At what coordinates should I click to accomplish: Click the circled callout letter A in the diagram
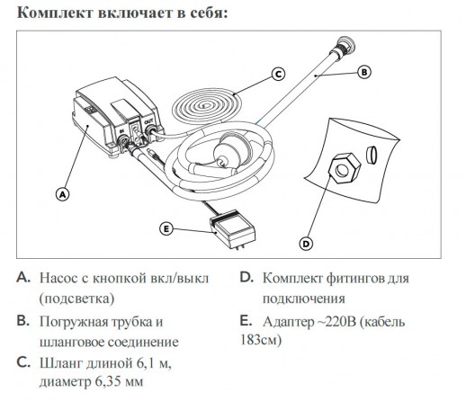(x=62, y=192)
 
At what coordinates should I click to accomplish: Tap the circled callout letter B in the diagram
(x=363, y=71)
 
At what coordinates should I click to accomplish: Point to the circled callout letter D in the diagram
(x=306, y=242)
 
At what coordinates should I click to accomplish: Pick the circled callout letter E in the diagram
(x=166, y=228)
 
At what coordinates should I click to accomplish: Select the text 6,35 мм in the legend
(x=106, y=381)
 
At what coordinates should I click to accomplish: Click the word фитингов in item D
(x=357, y=279)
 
